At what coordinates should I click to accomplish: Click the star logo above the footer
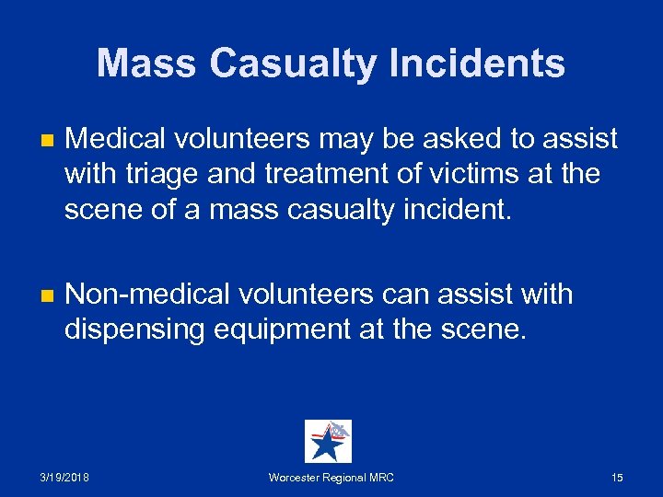[x=328, y=441]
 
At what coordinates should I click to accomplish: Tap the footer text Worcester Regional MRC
[x=331, y=478]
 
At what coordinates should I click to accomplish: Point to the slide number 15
[x=617, y=478]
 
